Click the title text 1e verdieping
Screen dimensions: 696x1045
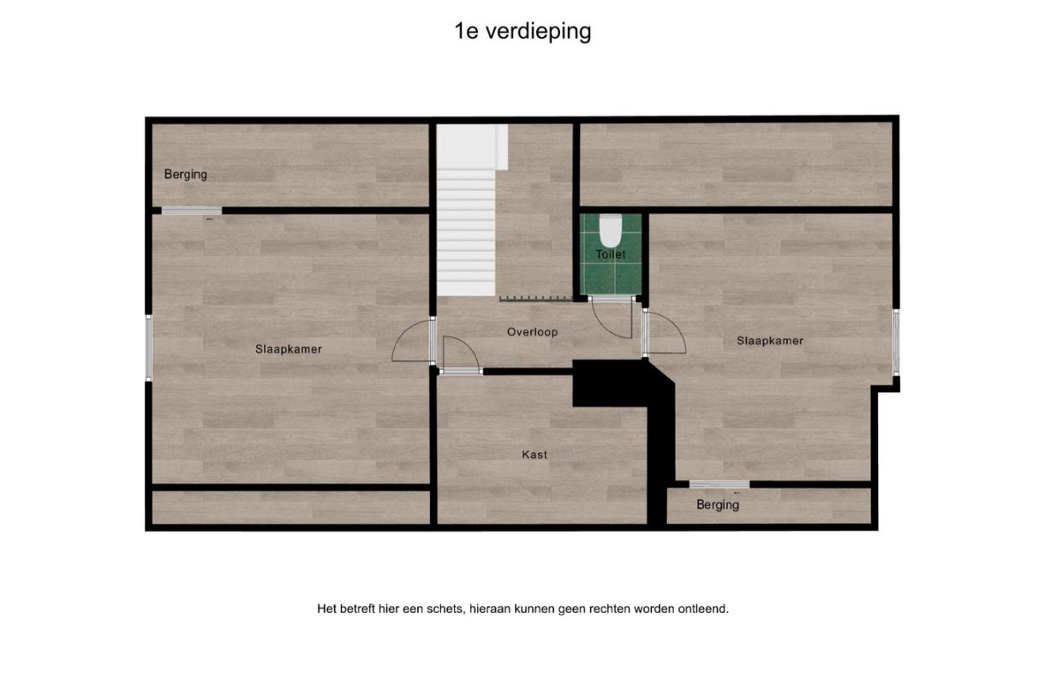click(x=522, y=32)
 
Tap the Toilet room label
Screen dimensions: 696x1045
click(x=611, y=254)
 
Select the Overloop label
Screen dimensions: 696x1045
click(x=532, y=331)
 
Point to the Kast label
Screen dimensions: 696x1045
click(x=534, y=455)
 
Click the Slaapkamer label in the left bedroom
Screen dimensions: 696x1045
click(x=289, y=348)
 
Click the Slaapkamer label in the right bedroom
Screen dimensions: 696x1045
click(x=770, y=341)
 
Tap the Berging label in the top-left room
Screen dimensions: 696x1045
click(x=186, y=174)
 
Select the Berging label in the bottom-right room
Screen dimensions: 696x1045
click(x=718, y=504)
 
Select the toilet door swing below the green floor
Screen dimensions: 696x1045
click(x=612, y=318)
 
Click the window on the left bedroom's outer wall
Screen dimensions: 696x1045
click(x=148, y=348)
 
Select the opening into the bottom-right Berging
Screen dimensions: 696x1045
click(x=720, y=485)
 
